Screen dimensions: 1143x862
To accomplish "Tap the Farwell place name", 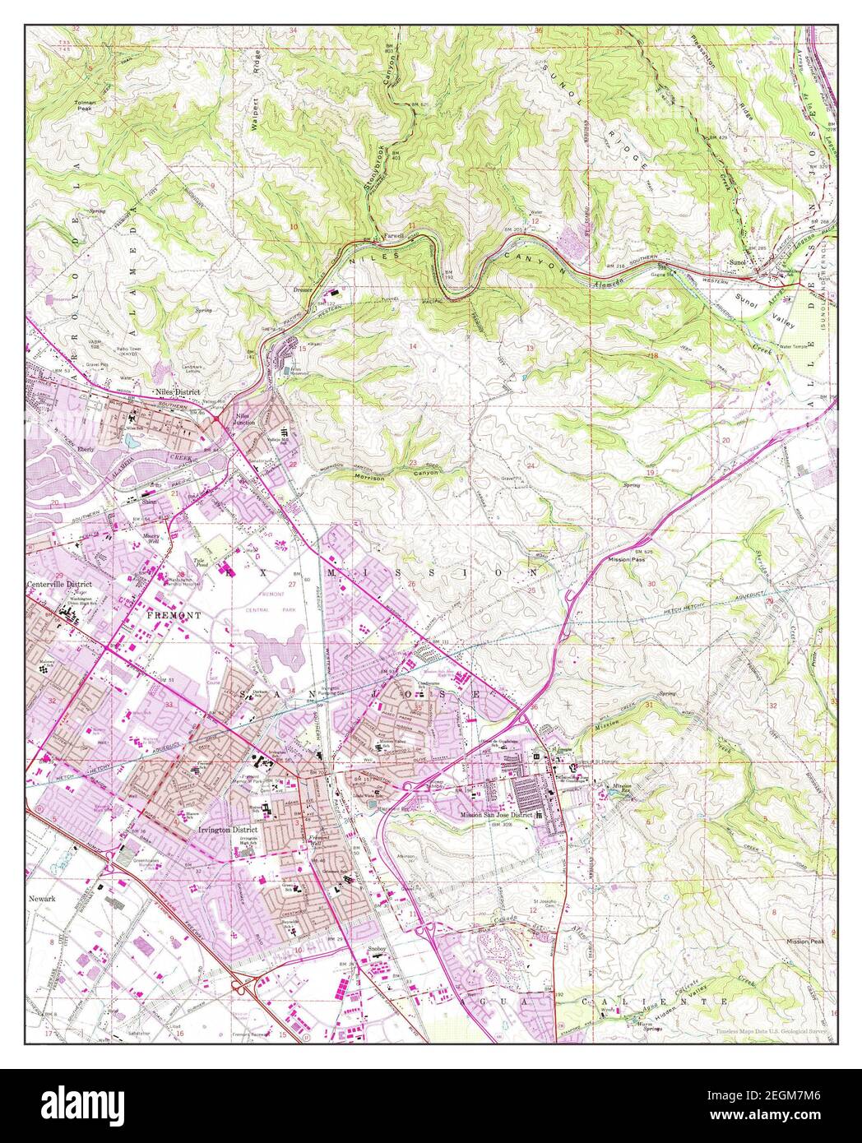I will pyautogui.click(x=394, y=235).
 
